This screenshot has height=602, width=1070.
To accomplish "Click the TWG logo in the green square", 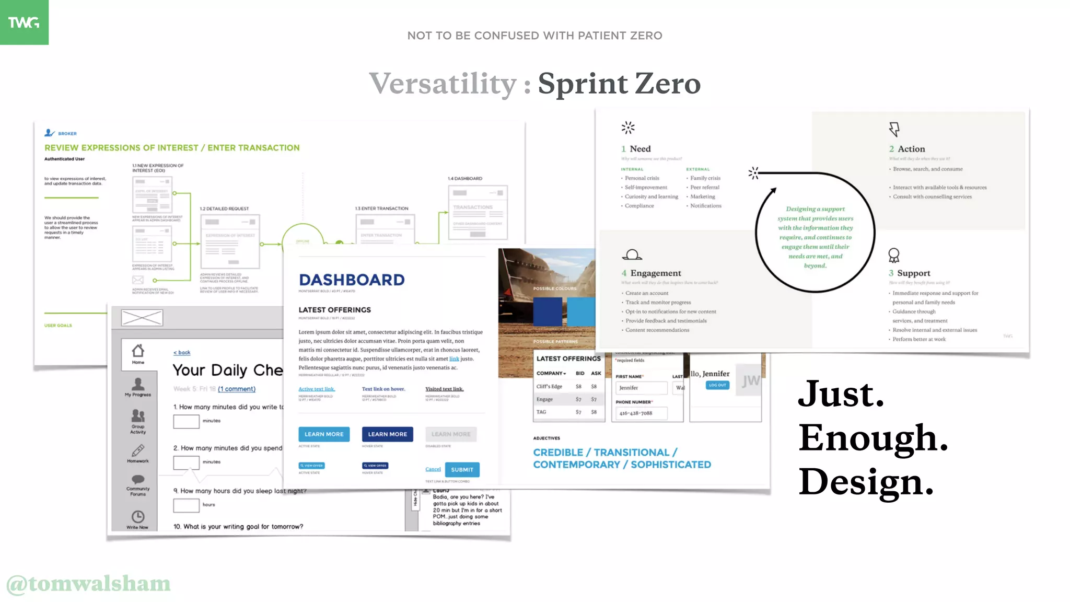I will tap(24, 22).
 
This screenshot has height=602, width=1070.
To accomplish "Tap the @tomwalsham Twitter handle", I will tap(88, 584).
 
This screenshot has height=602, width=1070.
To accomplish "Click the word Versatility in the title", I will tap(443, 84).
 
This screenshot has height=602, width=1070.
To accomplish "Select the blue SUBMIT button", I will tap(462, 469).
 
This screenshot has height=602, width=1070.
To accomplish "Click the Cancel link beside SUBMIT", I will tap(433, 469).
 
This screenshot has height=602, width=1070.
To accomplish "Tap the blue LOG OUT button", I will tap(717, 385).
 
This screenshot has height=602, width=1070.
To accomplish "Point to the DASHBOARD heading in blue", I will tap(352, 280).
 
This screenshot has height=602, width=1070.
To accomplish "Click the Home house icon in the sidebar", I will tap(138, 351).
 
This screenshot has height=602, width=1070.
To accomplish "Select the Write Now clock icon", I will tap(138, 517).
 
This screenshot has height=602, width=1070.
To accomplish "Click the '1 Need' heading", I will tap(636, 149).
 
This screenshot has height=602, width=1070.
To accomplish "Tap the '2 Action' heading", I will tap(906, 149).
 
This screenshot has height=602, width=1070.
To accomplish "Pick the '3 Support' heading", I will tap(909, 273).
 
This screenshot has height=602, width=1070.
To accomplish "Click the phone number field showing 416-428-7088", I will tap(641, 413).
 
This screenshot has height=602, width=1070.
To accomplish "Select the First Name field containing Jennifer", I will tap(641, 388).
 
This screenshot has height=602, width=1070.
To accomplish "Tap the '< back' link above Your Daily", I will tap(182, 353).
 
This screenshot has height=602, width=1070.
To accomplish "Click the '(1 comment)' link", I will tap(237, 389).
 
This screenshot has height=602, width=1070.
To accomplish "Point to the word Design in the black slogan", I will tap(865, 482).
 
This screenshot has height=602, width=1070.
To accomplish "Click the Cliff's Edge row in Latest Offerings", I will tap(567, 387).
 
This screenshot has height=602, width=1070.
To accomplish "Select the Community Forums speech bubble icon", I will tap(138, 479).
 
